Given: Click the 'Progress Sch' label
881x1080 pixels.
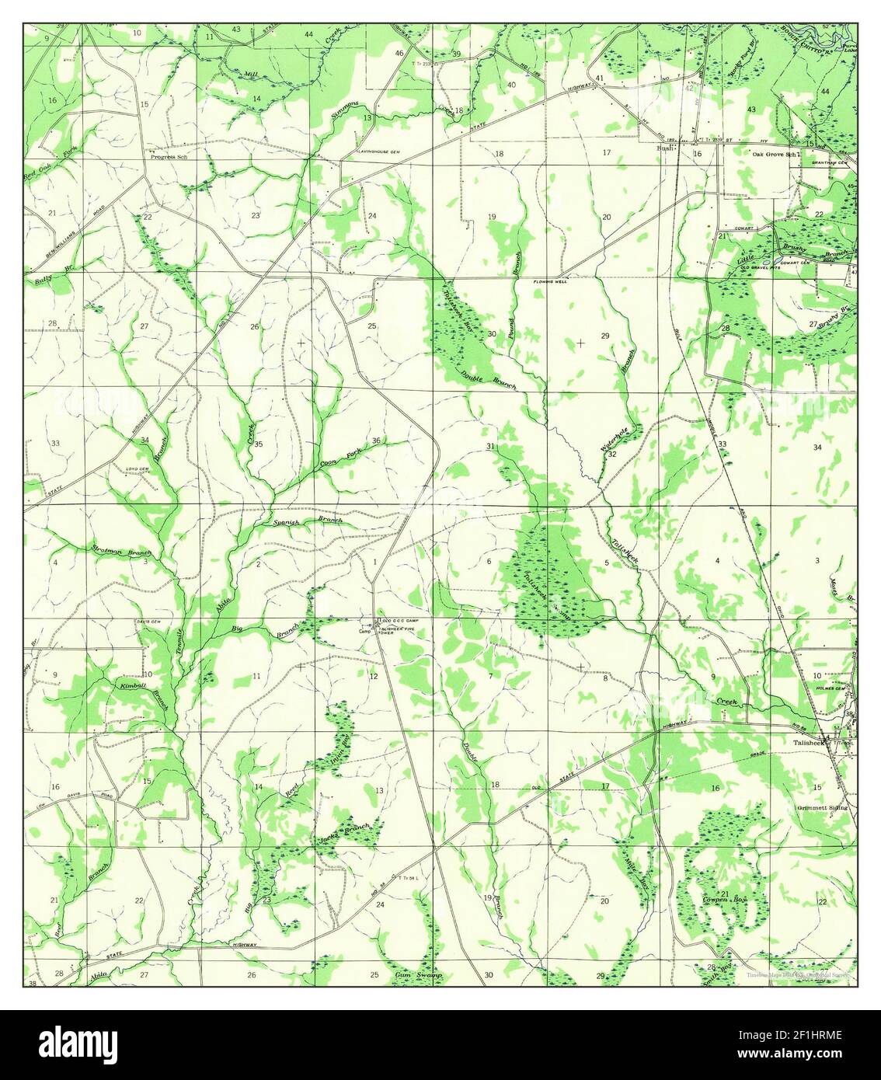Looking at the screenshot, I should click(170, 155).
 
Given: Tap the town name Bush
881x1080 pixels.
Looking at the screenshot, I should click(663, 147).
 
